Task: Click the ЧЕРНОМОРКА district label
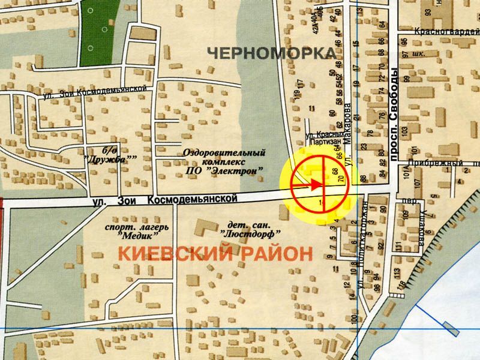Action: click(272, 53)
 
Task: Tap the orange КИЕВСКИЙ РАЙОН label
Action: click(215, 253)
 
